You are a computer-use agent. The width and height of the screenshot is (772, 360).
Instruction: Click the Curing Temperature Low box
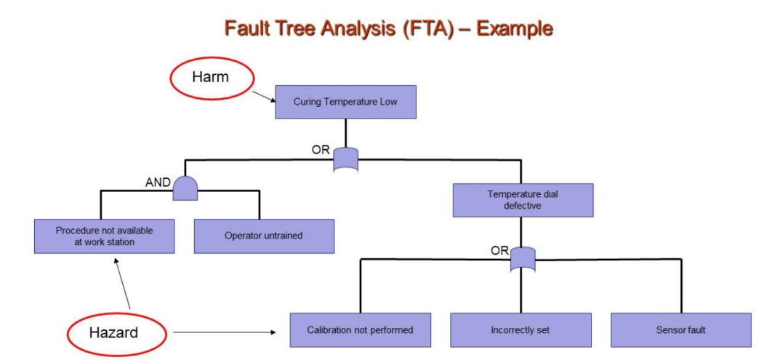coord(345,102)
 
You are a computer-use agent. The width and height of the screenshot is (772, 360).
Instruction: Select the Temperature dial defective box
coord(523,200)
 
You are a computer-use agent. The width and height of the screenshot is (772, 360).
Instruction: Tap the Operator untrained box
coord(264,236)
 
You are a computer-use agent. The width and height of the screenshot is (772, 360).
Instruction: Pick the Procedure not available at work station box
coord(105,236)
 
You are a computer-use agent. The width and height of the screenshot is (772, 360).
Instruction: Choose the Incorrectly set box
coord(520,329)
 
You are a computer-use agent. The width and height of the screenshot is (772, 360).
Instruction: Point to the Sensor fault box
coord(681,329)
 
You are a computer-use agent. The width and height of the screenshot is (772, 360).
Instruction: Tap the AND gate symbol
coord(185,188)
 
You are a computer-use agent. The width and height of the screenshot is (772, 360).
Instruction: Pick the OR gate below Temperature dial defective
coord(523,258)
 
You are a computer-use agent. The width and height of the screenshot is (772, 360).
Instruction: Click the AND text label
coord(158,183)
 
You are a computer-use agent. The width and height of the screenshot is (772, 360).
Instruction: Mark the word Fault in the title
coord(246,28)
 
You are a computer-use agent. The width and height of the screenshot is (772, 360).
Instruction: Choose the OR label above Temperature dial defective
coord(321,151)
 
